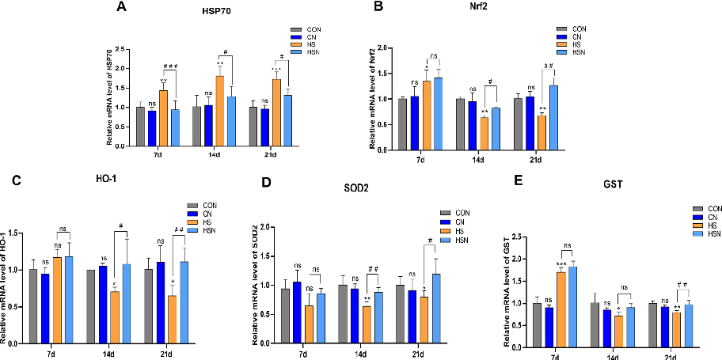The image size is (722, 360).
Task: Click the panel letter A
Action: (x=120, y=7)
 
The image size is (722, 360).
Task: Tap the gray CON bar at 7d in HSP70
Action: (x=140, y=127)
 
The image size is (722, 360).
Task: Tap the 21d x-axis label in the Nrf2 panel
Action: (x=535, y=159)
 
